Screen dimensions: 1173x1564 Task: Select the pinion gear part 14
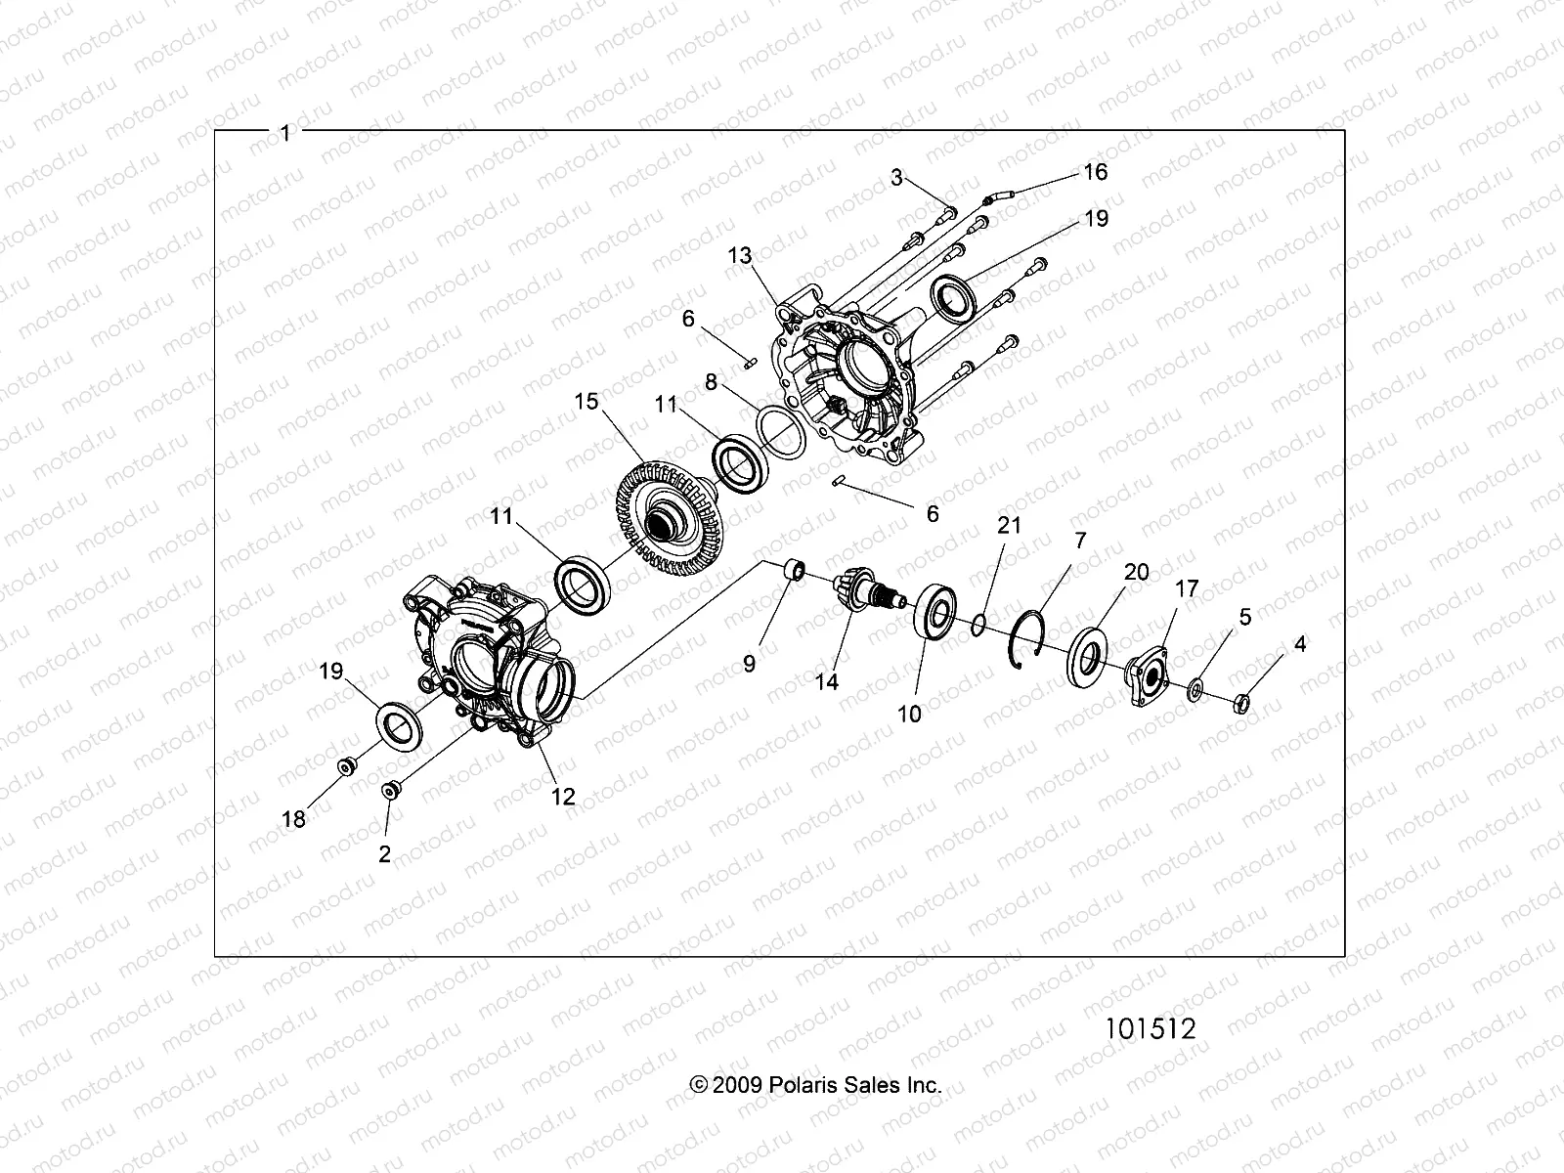pos(852,593)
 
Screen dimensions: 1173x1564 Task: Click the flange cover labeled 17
pos(1152,673)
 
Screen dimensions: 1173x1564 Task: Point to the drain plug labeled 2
pos(390,789)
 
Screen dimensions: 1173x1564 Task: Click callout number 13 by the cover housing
pos(740,256)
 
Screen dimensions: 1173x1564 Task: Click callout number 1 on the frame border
pos(285,134)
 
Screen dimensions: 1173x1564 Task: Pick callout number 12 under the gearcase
pos(563,796)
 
